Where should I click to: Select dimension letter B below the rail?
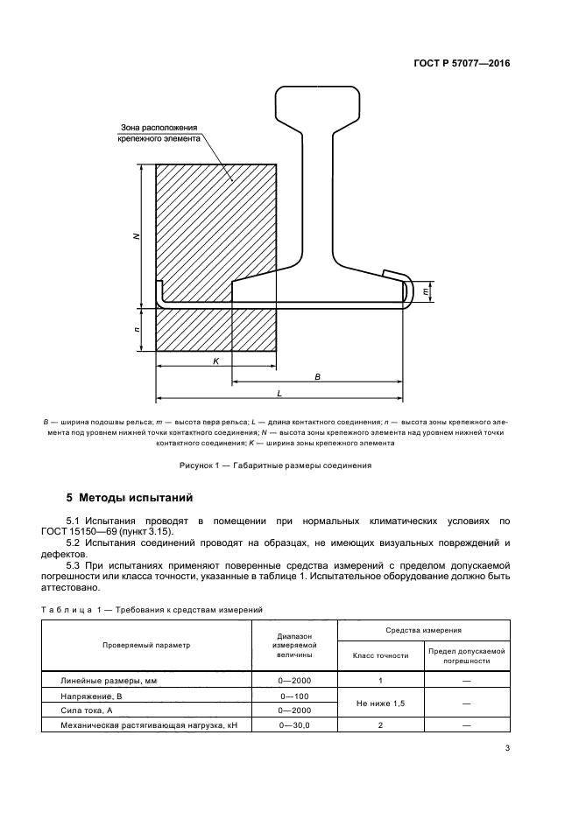pyautogui.click(x=318, y=376)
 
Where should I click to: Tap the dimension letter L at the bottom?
pyautogui.click(x=279, y=393)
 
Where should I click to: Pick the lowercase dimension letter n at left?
pyautogui.click(x=135, y=330)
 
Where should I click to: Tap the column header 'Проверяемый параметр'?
pyautogui.click(x=146, y=644)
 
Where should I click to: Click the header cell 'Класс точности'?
pyautogui.click(x=380, y=654)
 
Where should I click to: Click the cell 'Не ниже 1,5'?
pyautogui.click(x=380, y=703)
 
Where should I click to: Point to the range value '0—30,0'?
pyautogui.click(x=294, y=725)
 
